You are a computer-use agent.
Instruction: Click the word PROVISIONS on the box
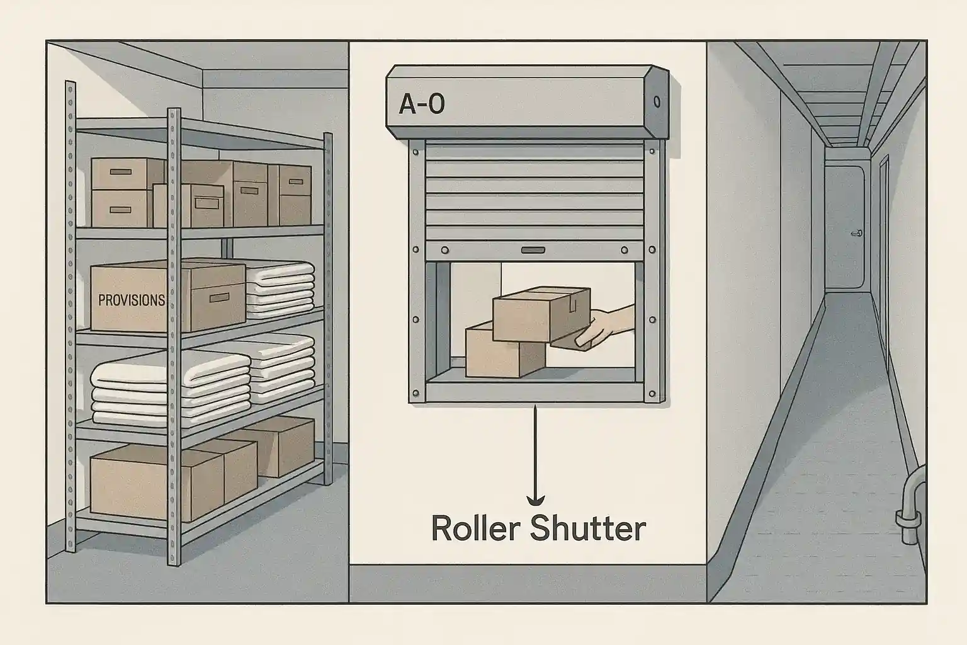132,300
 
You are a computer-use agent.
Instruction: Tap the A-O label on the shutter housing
421,104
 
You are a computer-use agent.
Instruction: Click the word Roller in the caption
475,529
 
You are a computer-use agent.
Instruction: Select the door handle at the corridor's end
856,233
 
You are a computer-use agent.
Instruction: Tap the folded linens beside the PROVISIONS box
280,290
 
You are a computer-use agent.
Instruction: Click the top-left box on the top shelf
120,173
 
